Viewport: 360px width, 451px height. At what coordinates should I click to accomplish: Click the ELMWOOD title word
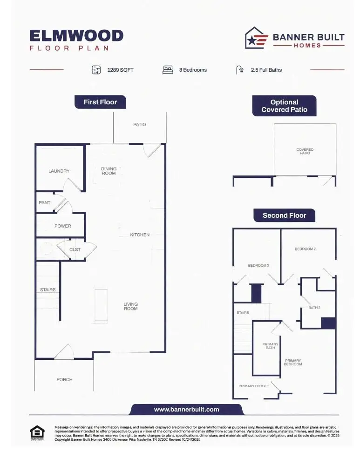pyautogui.click(x=76, y=36)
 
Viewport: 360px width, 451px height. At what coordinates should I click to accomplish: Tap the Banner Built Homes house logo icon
pyautogui.click(x=257, y=38)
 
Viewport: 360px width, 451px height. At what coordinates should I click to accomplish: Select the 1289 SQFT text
pyautogui.click(x=121, y=70)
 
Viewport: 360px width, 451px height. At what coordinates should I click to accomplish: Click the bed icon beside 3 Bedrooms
pyautogui.click(x=168, y=70)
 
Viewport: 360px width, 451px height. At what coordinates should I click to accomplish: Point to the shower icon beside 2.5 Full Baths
pyautogui.click(x=240, y=70)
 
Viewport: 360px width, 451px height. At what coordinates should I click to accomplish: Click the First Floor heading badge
pyautogui.click(x=100, y=102)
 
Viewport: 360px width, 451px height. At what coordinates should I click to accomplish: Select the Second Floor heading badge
pyautogui.click(x=284, y=215)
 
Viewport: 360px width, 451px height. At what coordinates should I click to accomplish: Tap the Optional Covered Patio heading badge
pyautogui.click(x=284, y=106)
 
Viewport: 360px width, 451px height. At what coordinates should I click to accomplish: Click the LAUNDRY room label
pyautogui.click(x=59, y=171)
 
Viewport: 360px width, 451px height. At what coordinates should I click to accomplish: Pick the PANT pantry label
pyautogui.click(x=45, y=202)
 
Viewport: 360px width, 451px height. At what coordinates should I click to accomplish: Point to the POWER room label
pyautogui.click(x=63, y=226)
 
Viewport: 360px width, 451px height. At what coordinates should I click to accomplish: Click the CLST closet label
pyautogui.click(x=75, y=249)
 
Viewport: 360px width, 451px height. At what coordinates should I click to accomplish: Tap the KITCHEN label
pyautogui.click(x=140, y=235)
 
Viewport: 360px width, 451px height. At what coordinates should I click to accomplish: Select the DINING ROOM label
pyautogui.click(x=109, y=171)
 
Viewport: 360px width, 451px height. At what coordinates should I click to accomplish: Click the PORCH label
pyautogui.click(x=64, y=379)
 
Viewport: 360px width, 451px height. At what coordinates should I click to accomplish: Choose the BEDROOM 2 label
pyautogui.click(x=305, y=249)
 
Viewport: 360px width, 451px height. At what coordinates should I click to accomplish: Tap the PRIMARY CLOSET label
pyautogui.click(x=254, y=386)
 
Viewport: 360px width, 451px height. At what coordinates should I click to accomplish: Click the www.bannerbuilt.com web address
pyautogui.click(x=186, y=410)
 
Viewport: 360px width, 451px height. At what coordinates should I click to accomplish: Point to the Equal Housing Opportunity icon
pyautogui.click(x=37, y=433)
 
